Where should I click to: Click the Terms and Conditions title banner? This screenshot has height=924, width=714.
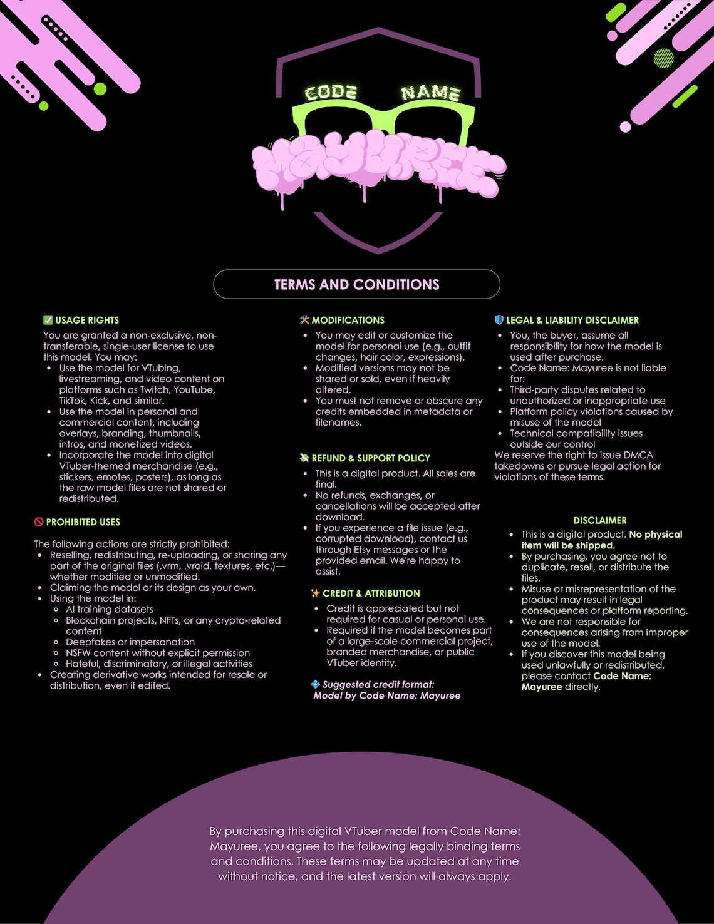pos(356,284)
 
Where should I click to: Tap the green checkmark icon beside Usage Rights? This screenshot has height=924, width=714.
pos(48,320)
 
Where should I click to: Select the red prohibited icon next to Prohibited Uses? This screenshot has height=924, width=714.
pos(39,521)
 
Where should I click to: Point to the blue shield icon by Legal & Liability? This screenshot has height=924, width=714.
pos(499,320)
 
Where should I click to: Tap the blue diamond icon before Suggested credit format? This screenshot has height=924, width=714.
pos(315,684)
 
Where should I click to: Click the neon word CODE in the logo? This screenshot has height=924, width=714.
pos(331,92)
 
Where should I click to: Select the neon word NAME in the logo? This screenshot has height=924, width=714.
pos(431,93)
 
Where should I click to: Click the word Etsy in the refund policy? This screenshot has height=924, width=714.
pos(362,550)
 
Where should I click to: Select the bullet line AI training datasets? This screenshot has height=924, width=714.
pos(109,609)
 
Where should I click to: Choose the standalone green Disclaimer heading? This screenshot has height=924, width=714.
pos(599,520)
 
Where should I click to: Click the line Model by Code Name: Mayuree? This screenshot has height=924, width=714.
pos(387,696)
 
